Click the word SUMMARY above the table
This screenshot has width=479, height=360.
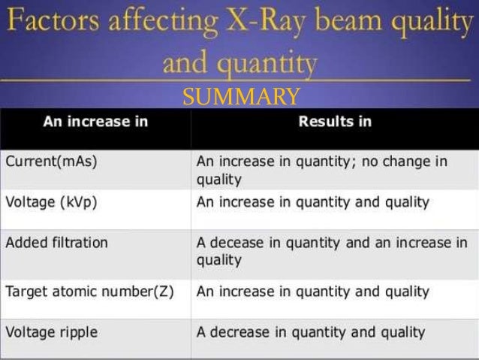[241, 97]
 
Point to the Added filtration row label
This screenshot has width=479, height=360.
[57, 243]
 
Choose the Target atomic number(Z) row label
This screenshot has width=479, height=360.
[89, 291]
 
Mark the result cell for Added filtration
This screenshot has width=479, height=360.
[331, 251]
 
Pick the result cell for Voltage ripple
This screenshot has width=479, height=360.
[311, 331]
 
